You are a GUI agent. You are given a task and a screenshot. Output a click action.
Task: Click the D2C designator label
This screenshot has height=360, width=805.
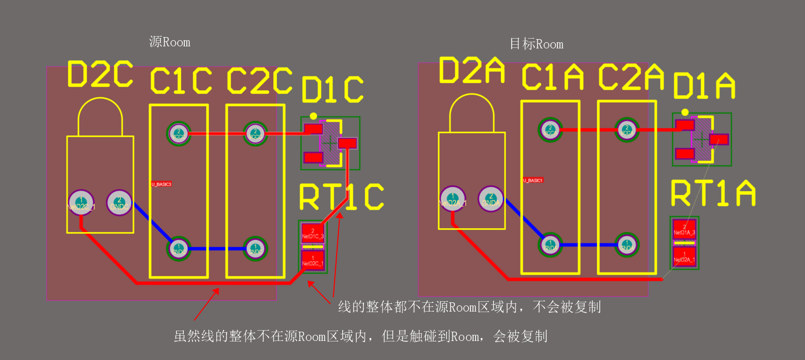(x=100, y=74)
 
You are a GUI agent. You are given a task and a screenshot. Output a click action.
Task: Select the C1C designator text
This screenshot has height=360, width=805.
(x=181, y=81)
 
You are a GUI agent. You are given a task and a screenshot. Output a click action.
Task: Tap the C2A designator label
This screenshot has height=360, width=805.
(x=632, y=77)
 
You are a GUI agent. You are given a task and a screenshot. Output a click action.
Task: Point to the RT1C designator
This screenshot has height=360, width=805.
(x=341, y=197)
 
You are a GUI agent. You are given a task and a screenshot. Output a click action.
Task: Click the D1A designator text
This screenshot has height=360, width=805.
(x=704, y=86)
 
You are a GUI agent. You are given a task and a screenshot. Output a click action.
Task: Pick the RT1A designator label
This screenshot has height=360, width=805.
(x=713, y=194)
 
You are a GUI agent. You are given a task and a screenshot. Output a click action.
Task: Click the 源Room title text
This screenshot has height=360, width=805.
(x=169, y=42)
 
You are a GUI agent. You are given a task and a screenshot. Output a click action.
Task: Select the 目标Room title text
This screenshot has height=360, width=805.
(x=536, y=44)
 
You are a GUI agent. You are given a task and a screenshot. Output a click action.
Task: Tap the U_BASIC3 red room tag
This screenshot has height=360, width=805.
(x=161, y=184)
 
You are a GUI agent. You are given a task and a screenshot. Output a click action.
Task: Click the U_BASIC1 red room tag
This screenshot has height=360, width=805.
(x=533, y=180)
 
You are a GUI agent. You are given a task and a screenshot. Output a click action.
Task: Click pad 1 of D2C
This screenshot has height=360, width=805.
(x=80, y=202)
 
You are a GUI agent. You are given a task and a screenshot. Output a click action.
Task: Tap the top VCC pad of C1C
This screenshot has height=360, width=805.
(x=179, y=133)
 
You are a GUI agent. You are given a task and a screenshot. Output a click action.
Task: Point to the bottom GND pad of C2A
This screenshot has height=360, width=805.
(x=626, y=245)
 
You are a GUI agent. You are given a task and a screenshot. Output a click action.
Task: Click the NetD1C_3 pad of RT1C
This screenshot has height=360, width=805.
(x=312, y=233)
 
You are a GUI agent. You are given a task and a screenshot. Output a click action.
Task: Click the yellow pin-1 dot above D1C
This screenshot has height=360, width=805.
(x=313, y=117)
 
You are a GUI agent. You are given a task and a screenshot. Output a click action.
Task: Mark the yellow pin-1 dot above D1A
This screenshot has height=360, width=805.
(x=685, y=112)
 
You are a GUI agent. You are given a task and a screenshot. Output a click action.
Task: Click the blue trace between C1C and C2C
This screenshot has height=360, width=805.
(x=217, y=249)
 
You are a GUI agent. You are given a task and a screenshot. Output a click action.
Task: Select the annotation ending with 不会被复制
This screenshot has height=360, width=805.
(x=469, y=307)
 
